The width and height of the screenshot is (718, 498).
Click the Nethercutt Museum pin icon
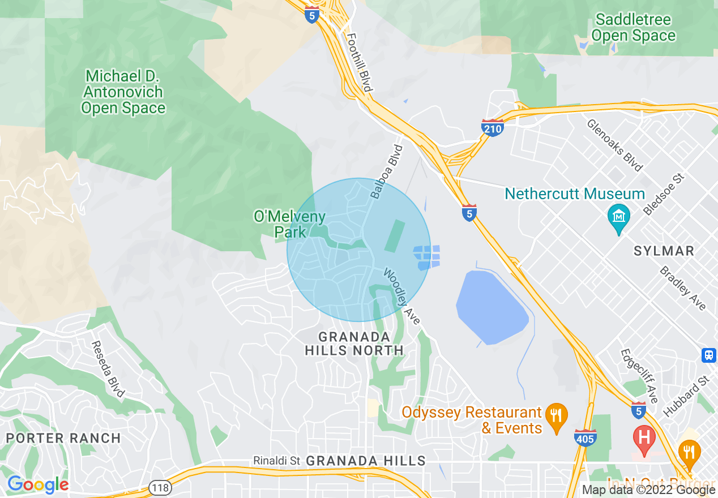click(x=618, y=217)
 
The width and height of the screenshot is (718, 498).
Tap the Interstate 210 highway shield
click(x=493, y=128)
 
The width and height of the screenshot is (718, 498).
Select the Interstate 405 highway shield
click(x=585, y=438)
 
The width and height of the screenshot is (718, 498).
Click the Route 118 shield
click(x=159, y=487)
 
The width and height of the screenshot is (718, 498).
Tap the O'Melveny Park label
click(x=289, y=224)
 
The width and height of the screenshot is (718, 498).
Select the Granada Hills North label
click(x=354, y=344)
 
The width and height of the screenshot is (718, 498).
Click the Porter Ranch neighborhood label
click(x=63, y=438)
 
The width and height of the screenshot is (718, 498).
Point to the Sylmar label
click(x=664, y=251)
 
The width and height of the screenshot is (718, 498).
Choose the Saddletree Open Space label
click(x=633, y=28)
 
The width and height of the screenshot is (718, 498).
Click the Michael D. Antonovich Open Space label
click(x=123, y=92)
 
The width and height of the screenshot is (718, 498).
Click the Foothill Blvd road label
click(x=359, y=62)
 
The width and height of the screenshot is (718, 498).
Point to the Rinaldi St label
click(x=276, y=461)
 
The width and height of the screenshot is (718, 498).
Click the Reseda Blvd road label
click(x=108, y=369)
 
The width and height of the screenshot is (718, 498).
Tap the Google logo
click(x=38, y=484)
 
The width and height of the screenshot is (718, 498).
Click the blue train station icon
click(x=709, y=355)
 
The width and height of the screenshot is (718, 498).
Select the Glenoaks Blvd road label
click(x=615, y=145)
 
